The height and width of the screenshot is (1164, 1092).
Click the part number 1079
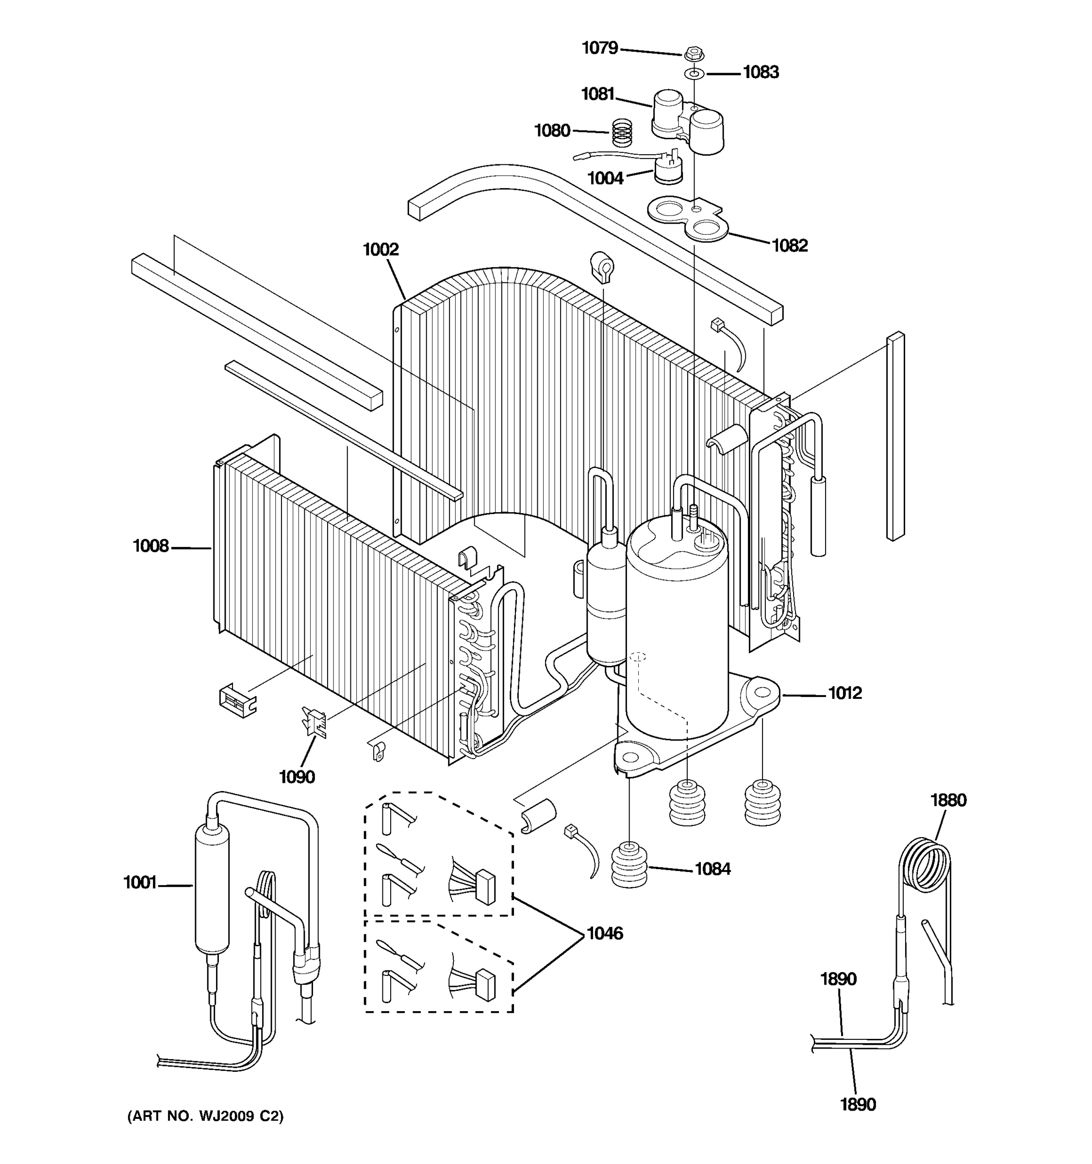click(x=599, y=48)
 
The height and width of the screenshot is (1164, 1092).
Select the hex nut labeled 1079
click(x=691, y=54)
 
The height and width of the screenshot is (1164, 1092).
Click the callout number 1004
click(x=605, y=178)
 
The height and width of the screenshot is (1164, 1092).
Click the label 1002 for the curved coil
click(x=381, y=250)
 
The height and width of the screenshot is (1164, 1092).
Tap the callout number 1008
click(x=150, y=546)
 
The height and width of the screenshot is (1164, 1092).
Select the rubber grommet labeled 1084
click(x=629, y=865)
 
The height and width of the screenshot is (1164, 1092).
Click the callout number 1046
click(x=605, y=933)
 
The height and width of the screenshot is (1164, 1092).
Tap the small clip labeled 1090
click(x=314, y=723)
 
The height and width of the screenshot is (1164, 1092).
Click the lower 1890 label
click(x=858, y=1105)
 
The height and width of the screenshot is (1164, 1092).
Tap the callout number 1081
click(x=597, y=94)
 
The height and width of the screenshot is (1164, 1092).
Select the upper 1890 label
click(x=838, y=979)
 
